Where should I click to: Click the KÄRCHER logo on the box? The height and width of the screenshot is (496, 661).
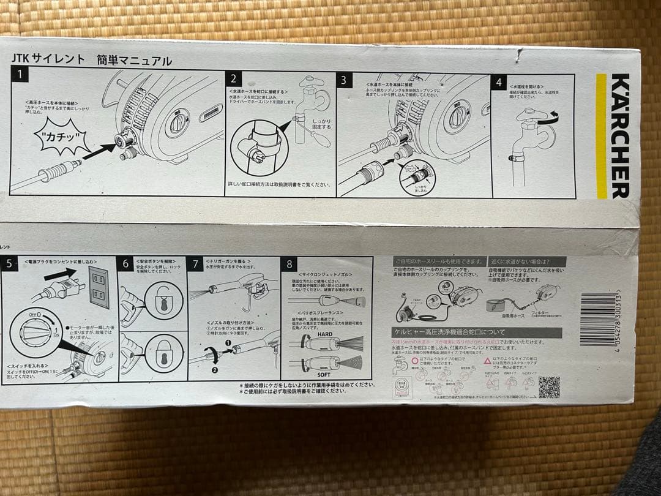(619, 136)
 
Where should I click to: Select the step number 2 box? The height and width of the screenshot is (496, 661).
(233, 79)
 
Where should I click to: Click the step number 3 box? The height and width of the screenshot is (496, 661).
(344, 80)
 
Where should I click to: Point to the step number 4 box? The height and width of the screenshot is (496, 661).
(500, 81)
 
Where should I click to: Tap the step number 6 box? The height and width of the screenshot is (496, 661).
(126, 264)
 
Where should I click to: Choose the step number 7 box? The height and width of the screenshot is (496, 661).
(196, 264)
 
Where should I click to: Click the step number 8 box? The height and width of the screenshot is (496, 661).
(289, 265)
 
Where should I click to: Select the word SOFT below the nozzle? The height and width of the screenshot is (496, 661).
(324, 374)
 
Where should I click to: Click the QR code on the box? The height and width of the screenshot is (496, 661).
(548, 387)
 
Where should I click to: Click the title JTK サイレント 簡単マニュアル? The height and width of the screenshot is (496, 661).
(92, 60)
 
